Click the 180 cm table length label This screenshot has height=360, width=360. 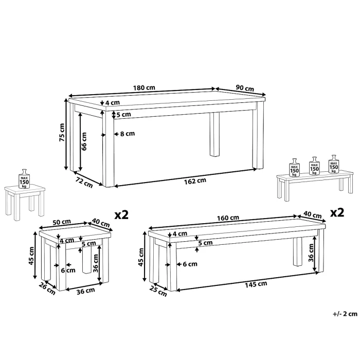pos(144,87)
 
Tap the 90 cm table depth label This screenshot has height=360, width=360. pos(245,88)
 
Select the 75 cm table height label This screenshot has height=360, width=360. pos(62,133)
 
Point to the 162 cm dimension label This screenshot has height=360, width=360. pos(195,181)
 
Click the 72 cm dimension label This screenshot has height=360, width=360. pos(84,182)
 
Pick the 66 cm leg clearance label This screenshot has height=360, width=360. pos(84,141)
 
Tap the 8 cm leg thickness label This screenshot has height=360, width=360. pos(128,134)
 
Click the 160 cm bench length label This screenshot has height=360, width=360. pos(228,218)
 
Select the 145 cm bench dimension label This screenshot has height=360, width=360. pos(256,284)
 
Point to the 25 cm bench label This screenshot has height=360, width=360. pos(158,291)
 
